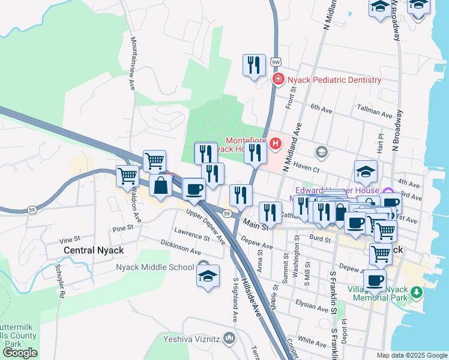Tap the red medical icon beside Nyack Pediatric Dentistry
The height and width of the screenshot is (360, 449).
coord(278,79)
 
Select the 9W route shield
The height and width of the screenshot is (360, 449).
coord(276,62)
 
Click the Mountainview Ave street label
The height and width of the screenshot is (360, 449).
coord(132,62)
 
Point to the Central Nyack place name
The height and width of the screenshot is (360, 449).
coord(94,250)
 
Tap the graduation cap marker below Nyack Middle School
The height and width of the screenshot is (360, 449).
coord(208,277)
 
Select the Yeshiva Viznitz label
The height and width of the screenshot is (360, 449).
coord(191,338)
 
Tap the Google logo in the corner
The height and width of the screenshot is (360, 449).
coord(20,353)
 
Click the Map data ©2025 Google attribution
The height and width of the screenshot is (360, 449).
coord(412,355)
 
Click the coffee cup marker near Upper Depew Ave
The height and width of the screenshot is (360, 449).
coord(193,190)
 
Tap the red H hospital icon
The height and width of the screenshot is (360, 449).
coord(276,143)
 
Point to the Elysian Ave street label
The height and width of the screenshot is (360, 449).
coord(312,306)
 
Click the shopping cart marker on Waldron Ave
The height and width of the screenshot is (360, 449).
coord(128,176)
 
